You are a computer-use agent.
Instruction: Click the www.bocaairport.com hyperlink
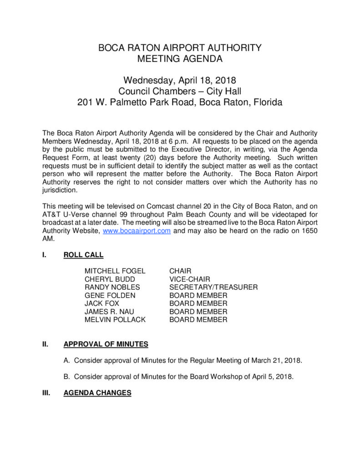[x=137, y=231]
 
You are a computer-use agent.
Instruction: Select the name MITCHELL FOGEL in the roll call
[x=115, y=271]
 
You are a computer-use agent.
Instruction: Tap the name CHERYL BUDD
[x=110, y=279]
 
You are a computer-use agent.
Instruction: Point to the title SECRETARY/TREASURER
[x=213, y=287]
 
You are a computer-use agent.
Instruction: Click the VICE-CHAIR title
[x=190, y=279]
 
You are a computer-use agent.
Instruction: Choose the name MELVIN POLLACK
[x=115, y=320]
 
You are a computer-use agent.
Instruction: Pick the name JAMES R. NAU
[x=109, y=312]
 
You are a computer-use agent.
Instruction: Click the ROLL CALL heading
[x=83, y=255]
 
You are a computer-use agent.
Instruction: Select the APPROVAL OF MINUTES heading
[x=106, y=344]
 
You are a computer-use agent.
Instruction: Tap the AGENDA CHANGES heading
[x=97, y=393]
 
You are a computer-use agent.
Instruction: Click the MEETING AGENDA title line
[x=180, y=59]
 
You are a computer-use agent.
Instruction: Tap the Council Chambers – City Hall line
[x=180, y=91]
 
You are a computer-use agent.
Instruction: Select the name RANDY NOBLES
[x=112, y=287]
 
